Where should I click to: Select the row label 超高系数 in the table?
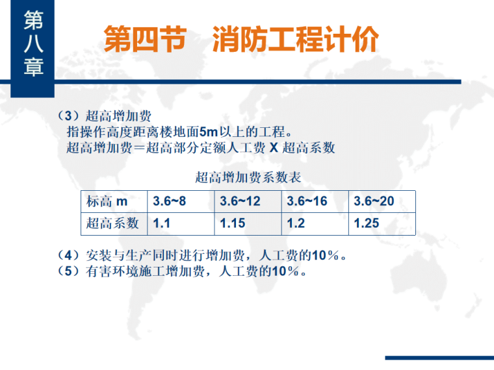click(x=112, y=223)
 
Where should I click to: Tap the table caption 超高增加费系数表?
click(x=248, y=177)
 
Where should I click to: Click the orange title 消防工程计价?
click(x=295, y=40)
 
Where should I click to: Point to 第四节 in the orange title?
click(x=145, y=40)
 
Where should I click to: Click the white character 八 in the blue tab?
click(x=33, y=43)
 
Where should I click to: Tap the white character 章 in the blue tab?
click(x=33, y=68)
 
